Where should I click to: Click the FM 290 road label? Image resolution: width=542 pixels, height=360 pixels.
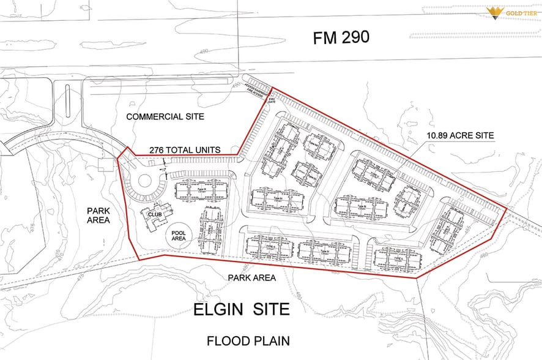(341, 37)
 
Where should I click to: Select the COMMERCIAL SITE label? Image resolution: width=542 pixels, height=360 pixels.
(165, 116)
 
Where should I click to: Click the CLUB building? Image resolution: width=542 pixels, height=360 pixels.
(153, 216)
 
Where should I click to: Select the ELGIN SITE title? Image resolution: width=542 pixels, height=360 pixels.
(241, 309)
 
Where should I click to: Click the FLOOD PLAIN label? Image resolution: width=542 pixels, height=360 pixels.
(248, 340)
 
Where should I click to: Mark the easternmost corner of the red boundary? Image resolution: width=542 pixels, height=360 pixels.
(507, 209)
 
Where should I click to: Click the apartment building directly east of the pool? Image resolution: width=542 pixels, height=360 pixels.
(210, 230)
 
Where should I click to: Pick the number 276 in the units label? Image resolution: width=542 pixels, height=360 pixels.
(158, 150)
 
